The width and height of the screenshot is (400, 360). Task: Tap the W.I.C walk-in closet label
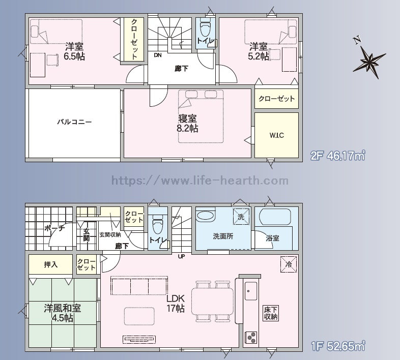(277, 135)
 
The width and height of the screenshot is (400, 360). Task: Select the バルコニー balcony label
(74, 122)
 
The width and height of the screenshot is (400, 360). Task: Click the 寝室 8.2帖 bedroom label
(187, 124)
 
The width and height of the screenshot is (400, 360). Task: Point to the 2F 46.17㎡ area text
(338, 155)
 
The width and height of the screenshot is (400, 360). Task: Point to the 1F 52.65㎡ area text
(338, 346)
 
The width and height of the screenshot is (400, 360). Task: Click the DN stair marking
(158, 55)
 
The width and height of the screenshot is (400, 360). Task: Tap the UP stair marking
(181, 256)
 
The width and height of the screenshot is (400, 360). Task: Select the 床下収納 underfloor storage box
(271, 313)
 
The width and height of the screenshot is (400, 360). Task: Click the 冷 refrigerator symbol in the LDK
(289, 264)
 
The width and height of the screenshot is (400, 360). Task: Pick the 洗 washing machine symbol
(241, 217)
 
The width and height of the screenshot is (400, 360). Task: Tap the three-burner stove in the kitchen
(251, 337)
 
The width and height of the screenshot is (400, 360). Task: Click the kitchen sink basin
(251, 291)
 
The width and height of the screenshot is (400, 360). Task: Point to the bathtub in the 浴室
(275, 217)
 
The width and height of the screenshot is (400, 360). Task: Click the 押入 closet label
(51, 264)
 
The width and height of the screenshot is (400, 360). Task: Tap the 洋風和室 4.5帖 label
(63, 313)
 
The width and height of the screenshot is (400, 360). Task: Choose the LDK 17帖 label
(176, 304)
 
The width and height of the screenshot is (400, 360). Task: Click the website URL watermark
(200, 181)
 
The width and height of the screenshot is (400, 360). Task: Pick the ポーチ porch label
(54, 228)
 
